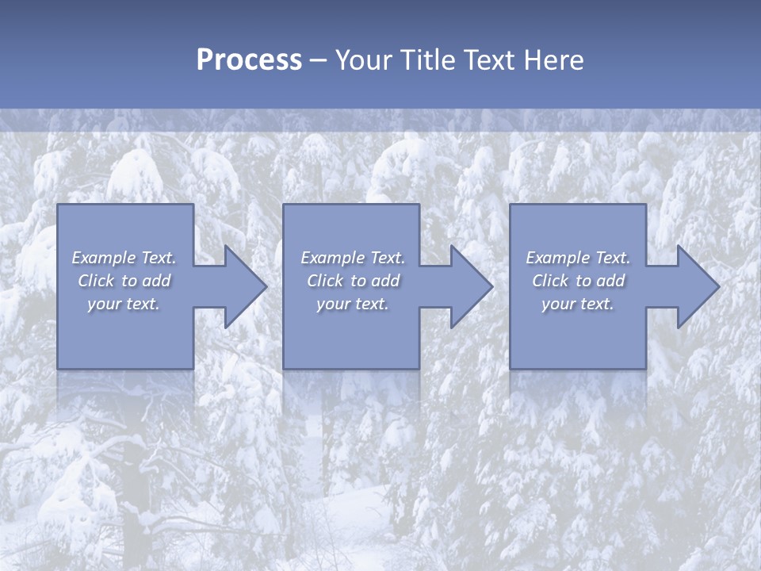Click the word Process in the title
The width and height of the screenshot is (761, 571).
pos(249,60)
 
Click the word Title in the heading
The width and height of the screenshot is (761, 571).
pos(427,60)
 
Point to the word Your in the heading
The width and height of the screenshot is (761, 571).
pos(364,60)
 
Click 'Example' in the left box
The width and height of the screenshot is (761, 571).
pos(104,258)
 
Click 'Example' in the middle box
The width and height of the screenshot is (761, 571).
pos(332,258)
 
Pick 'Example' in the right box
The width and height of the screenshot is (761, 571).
pos(557,258)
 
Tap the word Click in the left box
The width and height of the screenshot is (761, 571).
pos(96,281)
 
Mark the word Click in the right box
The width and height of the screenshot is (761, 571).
pos(550,281)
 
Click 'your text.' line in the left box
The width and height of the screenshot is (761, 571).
pos(124,304)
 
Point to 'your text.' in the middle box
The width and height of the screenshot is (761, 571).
pos(352,304)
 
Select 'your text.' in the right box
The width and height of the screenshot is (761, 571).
pos(577,304)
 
